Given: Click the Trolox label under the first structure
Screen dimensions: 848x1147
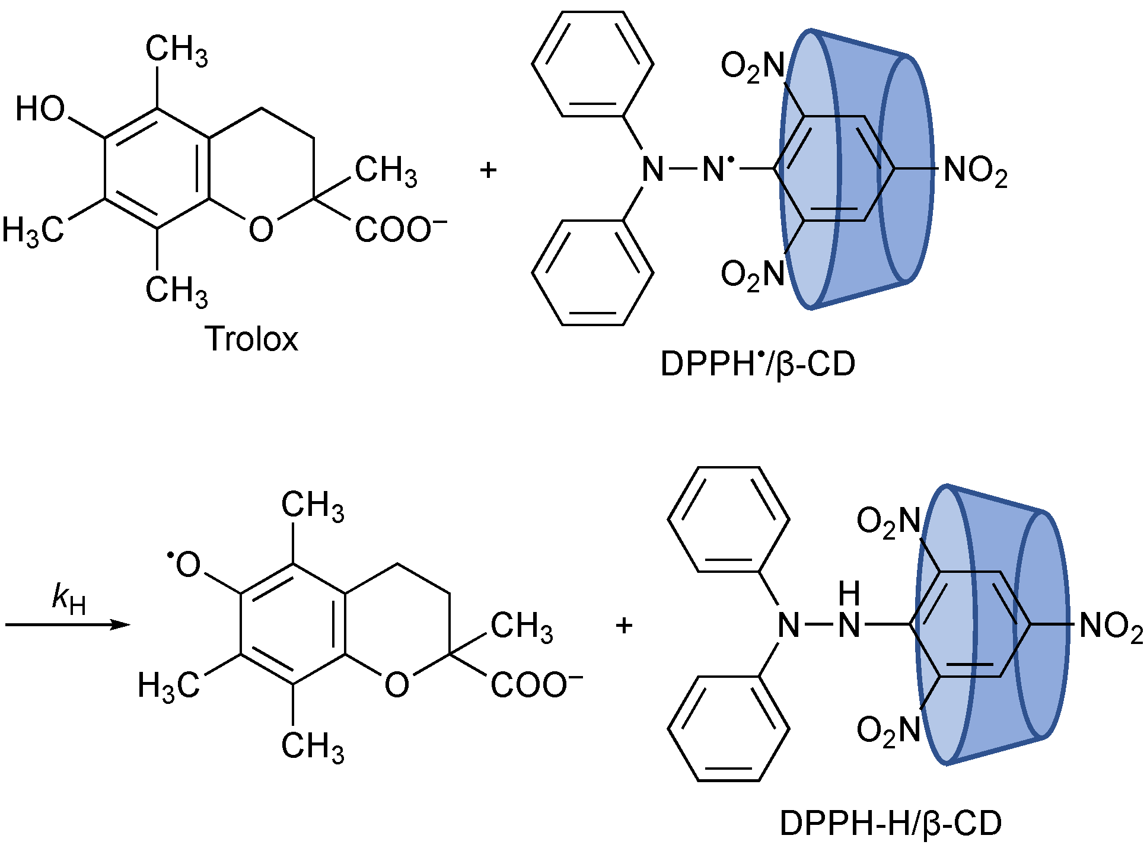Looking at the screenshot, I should coord(251,339).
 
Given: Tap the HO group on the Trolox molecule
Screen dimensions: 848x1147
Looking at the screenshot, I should coord(40,109).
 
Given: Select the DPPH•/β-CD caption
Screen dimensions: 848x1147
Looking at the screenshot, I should coord(757,364).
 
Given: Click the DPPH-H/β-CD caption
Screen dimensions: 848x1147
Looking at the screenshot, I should coord(890,823).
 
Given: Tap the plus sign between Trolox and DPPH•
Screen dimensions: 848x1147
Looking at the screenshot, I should coord(488,170).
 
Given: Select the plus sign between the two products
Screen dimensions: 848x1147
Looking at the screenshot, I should coord(624,625).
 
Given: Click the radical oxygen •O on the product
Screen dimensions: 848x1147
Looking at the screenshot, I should coord(185,565).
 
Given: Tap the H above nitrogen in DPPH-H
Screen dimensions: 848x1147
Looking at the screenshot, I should coord(849,594).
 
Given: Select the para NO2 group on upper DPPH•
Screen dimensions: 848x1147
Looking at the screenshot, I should coord(975,171).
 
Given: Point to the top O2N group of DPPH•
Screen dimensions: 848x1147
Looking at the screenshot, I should coord(752,66).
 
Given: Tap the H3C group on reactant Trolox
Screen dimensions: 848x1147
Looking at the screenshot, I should coord(33,230).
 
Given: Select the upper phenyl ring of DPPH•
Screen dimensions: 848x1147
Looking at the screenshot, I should coord(592,64).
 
